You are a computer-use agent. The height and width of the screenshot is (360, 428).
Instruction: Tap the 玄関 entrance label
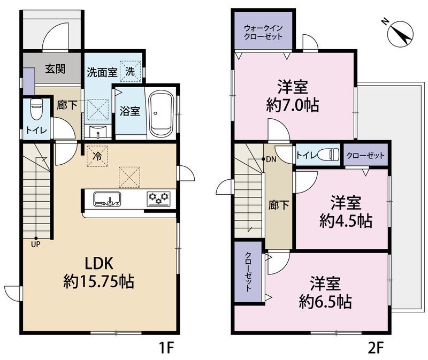coord(55,69)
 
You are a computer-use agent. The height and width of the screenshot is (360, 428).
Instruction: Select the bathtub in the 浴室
coord(160,112)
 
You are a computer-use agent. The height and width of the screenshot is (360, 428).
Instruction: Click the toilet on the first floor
coord(36,110)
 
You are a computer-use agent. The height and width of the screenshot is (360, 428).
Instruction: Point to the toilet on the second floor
coord(328,155)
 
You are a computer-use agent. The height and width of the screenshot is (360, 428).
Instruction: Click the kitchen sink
coord(108,199)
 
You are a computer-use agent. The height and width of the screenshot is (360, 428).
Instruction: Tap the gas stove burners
coord(158,198)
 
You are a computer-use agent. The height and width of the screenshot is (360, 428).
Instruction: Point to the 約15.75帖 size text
coord(99,280)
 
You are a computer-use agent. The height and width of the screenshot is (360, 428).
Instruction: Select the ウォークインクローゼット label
coord(261,32)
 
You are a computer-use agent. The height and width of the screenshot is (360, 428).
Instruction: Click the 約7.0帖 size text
coord(293,104)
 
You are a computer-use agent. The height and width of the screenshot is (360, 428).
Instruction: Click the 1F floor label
coord(166,348)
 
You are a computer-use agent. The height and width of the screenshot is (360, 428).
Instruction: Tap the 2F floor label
coord(376,348)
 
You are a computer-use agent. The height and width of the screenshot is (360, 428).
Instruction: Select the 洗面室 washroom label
coord(102,72)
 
